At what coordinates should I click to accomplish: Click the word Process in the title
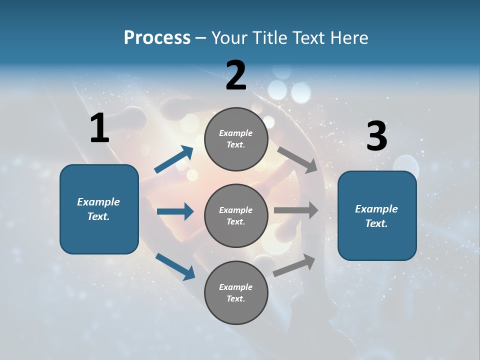coord(157,38)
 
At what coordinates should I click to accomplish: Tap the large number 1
coord(99,128)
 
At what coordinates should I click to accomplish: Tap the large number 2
coord(236,75)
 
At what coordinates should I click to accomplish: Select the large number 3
coord(376,136)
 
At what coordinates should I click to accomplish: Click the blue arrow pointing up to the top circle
coord(174,159)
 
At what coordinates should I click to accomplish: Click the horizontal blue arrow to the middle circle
coord(175,211)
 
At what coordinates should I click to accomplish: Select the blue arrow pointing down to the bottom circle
coord(175,266)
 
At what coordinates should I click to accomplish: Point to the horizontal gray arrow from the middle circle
coord(296,210)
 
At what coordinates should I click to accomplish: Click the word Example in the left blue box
coord(98,202)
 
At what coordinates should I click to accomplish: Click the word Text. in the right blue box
coord(376,223)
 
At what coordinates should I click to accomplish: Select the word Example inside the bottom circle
coord(236,287)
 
